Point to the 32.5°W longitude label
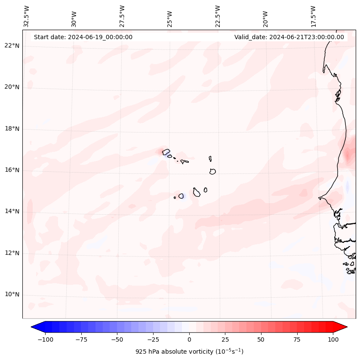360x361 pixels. coord(27,16)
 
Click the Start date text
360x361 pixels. coord(83,37)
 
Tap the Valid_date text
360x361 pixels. coord(289,37)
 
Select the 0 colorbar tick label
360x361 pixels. coord(189,339)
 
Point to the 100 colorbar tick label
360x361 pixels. coord(333,339)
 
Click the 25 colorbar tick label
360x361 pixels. coord(225,339)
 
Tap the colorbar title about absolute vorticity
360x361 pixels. coord(189,352)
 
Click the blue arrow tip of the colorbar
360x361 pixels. coord(33,327)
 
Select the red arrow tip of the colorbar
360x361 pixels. coord(345,327)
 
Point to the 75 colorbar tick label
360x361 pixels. coord(297,339)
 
